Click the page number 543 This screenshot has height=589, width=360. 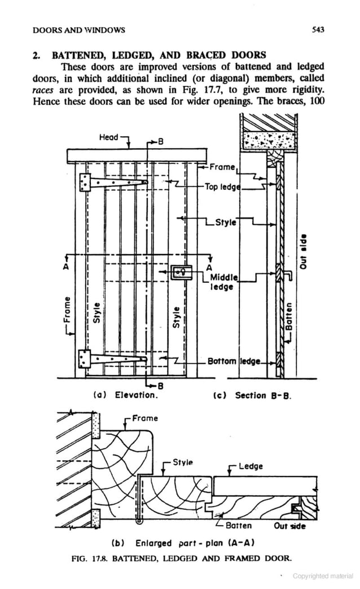(318, 29)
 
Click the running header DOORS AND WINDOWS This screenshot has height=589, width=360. (79, 29)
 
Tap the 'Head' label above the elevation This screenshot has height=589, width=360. (108, 137)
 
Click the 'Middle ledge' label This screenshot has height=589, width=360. (225, 282)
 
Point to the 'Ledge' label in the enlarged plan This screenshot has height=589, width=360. (251, 466)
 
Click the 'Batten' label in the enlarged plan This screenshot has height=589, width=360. (239, 526)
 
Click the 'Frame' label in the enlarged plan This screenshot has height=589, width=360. (146, 418)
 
